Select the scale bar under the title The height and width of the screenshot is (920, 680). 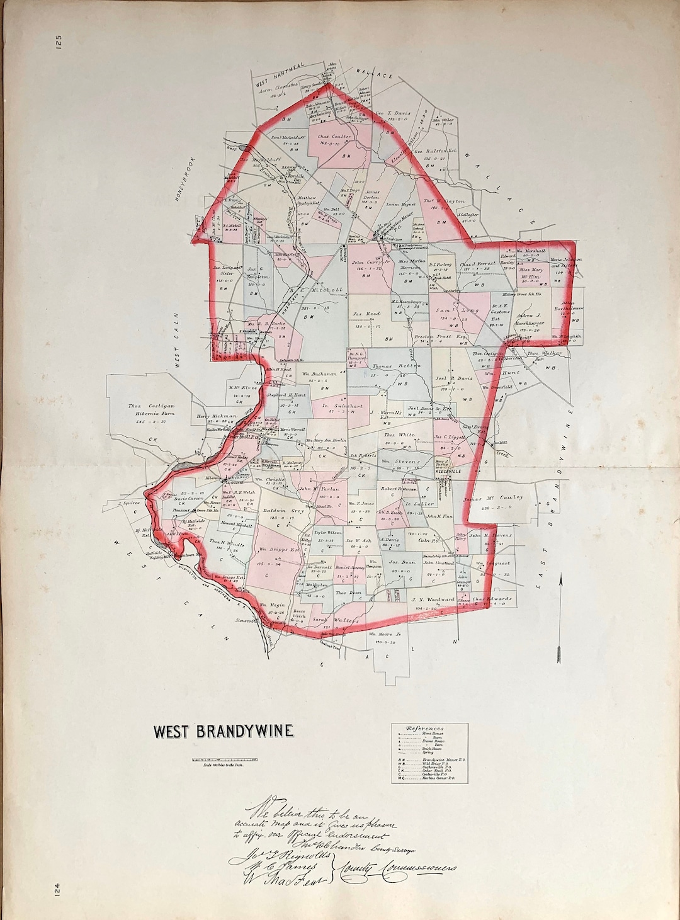click(x=224, y=760)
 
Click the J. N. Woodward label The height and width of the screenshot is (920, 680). click(x=433, y=599)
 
